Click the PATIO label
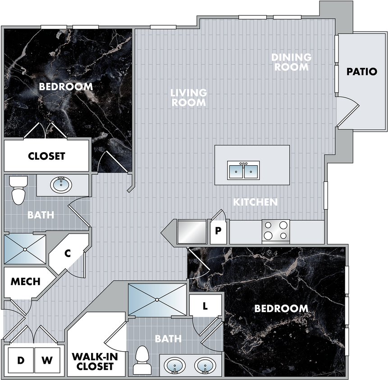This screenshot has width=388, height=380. tap(362, 72)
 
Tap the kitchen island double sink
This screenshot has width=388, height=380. tap(243, 170)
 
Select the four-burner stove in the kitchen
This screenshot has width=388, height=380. tap(276, 231)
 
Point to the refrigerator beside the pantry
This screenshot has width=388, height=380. tap(192, 232)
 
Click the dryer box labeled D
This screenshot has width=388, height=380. tap(21, 360)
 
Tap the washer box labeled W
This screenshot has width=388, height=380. tap(47, 360)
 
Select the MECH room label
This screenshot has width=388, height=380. tap(26, 281)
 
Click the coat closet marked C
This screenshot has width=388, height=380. tap(68, 254)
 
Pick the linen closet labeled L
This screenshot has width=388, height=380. tap(205, 306)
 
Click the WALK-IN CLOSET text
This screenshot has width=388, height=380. tap(95, 362)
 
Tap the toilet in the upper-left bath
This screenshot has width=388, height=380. tap(18, 190)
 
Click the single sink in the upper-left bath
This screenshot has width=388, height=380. tap(61, 185)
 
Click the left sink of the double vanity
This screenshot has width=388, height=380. tap(175, 366)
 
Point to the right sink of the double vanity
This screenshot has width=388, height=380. tap(205, 366)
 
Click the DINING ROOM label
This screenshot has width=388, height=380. tap(292, 62)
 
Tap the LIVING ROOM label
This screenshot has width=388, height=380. tap(189, 97)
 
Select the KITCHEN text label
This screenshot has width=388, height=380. tap(256, 202)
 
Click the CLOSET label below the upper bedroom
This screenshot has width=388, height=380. tap(46, 156)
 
